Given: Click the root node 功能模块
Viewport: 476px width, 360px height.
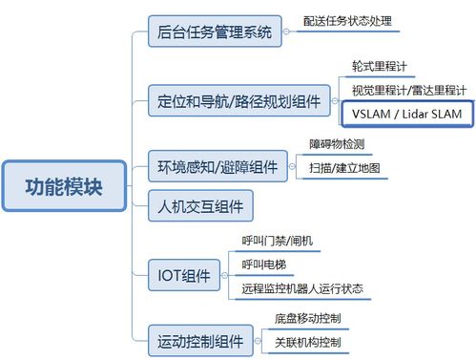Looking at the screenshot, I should click(64, 180).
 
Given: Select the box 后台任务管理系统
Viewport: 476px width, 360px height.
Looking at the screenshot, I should click(215, 32).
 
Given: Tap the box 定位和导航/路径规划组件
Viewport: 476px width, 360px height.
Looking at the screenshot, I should click(238, 97).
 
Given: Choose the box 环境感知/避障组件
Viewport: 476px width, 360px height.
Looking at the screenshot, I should click(217, 167).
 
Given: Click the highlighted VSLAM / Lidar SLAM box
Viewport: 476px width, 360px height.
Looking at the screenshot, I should click(405, 113).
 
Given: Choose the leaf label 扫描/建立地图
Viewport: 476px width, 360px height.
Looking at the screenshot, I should click(344, 168).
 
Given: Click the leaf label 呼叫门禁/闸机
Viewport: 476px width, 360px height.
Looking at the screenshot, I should click(283, 240).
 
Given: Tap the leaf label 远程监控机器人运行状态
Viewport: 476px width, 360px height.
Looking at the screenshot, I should click(314, 287).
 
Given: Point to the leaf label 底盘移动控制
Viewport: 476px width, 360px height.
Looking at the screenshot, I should click(307, 317).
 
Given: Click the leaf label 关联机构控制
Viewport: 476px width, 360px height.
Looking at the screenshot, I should click(307, 341).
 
